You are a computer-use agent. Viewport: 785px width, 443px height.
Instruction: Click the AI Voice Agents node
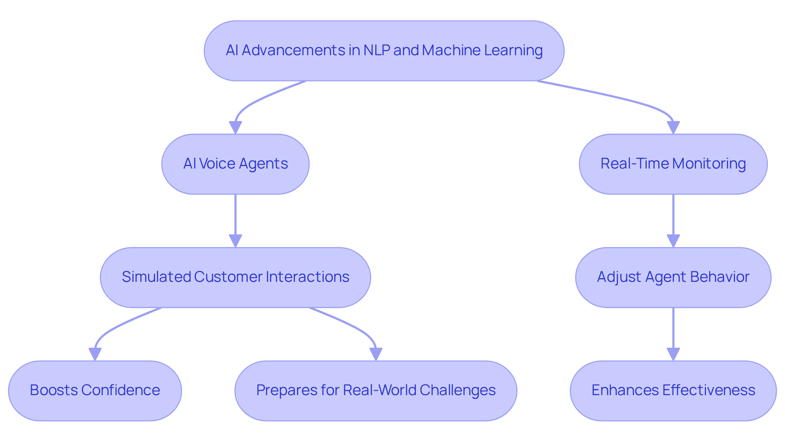[235, 164]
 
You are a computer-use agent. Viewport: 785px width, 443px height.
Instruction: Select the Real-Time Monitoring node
[673, 164]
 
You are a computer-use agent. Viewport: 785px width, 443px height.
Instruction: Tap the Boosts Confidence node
[95, 391]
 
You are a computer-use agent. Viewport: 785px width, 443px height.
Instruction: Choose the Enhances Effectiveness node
[673, 391]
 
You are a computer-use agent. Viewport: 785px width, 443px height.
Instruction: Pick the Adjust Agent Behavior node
[673, 277]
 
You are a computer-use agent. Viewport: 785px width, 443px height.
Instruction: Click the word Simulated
[156, 277]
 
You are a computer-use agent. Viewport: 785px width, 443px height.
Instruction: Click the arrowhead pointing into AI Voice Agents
[235, 128]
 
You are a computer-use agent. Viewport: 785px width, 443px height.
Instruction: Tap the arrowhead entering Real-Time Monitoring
[673, 128]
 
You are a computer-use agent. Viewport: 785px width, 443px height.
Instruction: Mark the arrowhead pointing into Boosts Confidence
[95, 354]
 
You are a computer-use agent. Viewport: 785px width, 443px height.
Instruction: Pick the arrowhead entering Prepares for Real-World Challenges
[376, 354]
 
